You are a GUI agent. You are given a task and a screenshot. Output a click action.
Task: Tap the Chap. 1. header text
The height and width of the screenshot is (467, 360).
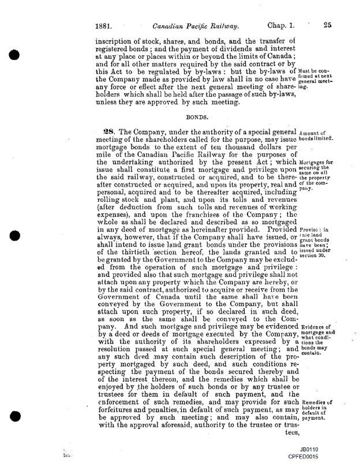(282, 25)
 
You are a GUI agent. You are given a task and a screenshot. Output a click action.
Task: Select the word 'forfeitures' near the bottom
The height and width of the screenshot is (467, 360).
(123, 410)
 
